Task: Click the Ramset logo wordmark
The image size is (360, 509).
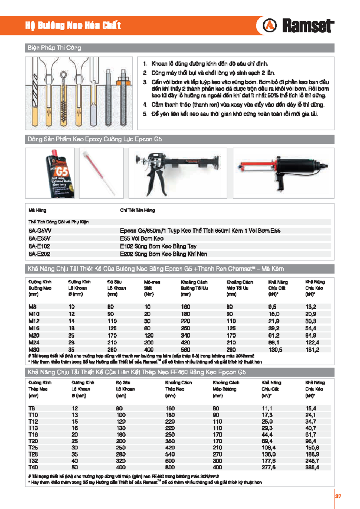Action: click(x=307, y=26)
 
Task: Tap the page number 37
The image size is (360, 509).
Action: click(x=338, y=496)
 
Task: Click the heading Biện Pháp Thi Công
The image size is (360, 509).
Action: click(x=54, y=48)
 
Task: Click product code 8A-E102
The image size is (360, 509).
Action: click(x=39, y=246)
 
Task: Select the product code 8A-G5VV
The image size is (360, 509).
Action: click(x=40, y=231)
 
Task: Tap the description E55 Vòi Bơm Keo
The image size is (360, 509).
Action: click(x=142, y=238)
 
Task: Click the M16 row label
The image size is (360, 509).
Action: click(x=34, y=328)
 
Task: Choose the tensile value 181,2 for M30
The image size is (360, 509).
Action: click(x=312, y=350)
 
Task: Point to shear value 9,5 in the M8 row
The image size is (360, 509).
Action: click(x=272, y=307)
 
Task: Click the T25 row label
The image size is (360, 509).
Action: click(x=33, y=448)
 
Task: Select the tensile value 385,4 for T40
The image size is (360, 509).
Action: click(x=312, y=467)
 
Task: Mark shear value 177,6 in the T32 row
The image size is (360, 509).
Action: click(x=268, y=461)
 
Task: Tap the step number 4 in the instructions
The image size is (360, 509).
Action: click(x=145, y=105)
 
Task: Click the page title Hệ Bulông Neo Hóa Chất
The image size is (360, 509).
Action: click(x=73, y=25)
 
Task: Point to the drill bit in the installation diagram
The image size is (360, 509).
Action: click(x=35, y=94)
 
